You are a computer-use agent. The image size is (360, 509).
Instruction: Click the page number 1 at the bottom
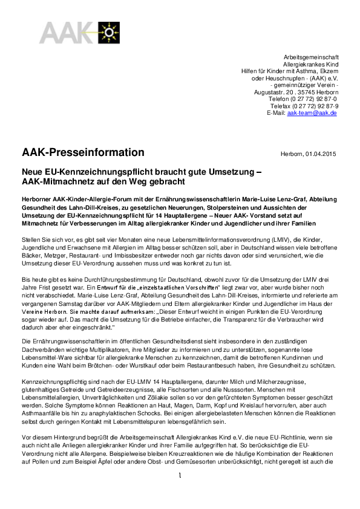pos(180,493)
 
